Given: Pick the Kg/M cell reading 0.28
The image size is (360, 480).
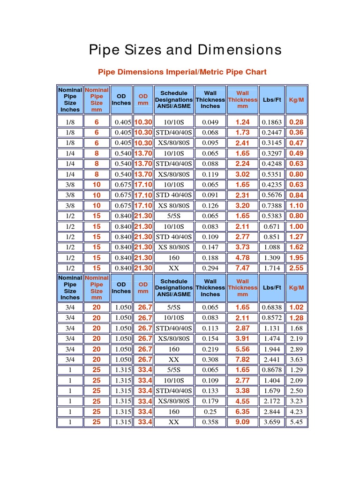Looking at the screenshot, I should [x=296, y=122].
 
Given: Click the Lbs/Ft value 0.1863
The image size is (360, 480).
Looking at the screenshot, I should [x=272, y=122].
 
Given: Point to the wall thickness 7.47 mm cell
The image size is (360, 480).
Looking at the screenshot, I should [x=242, y=268].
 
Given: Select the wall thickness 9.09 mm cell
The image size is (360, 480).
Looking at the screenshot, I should [x=242, y=422].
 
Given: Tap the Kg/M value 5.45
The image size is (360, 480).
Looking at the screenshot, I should [x=296, y=422].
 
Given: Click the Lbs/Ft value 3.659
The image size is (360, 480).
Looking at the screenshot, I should [x=272, y=422].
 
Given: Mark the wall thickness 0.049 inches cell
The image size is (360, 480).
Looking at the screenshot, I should [x=210, y=122].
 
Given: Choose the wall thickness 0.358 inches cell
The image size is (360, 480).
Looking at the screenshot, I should [x=210, y=422].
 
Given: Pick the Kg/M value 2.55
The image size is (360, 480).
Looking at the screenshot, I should [x=296, y=268].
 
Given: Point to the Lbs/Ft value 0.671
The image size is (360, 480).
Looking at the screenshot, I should [x=272, y=226].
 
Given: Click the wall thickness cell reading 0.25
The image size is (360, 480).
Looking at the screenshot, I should [x=210, y=412].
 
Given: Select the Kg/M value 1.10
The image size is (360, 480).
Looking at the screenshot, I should [x=296, y=205].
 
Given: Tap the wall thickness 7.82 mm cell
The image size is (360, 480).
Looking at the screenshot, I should [x=242, y=360].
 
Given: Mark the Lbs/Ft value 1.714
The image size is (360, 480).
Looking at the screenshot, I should [x=272, y=268].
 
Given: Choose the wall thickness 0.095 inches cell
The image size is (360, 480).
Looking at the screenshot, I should [x=210, y=143].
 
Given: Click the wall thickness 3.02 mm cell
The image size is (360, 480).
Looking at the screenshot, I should [x=242, y=174].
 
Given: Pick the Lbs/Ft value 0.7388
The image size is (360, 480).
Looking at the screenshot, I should [x=272, y=205].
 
